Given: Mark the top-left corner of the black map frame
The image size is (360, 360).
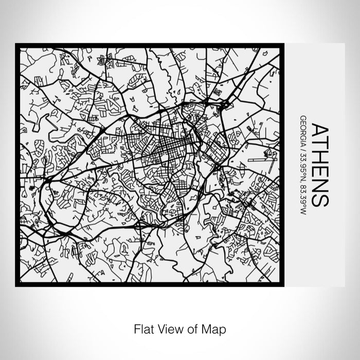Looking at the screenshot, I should pyautogui.click(x=16, y=45).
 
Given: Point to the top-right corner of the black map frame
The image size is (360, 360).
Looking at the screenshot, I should pyautogui.click(x=283, y=45).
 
